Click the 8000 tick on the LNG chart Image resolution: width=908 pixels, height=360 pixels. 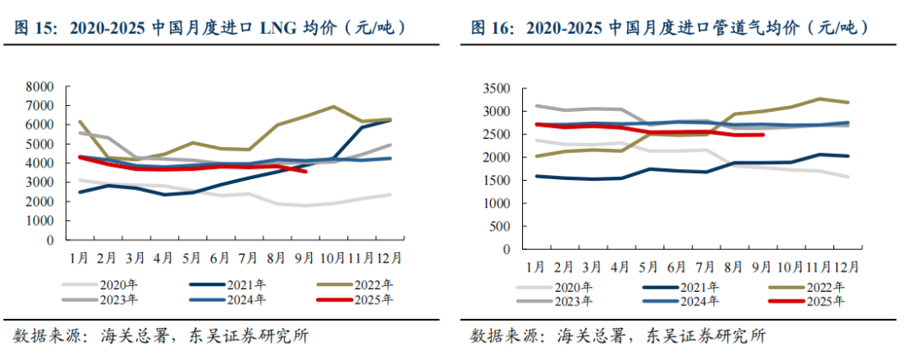[x=40, y=87]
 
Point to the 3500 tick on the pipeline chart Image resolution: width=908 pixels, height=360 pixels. [x=495, y=88]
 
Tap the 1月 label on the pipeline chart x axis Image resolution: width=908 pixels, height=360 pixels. [x=536, y=267]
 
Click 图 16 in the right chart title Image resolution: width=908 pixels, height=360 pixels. [x=489, y=28]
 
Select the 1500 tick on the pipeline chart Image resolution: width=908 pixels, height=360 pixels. [x=495, y=180]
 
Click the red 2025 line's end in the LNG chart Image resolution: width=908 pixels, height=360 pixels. [x=306, y=172]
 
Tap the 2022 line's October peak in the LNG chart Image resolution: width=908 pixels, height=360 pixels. [x=334, y=107]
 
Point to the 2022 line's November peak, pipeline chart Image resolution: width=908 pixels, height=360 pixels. [x=819, y=98]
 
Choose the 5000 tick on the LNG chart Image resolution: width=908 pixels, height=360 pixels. [x=40, y=144]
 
